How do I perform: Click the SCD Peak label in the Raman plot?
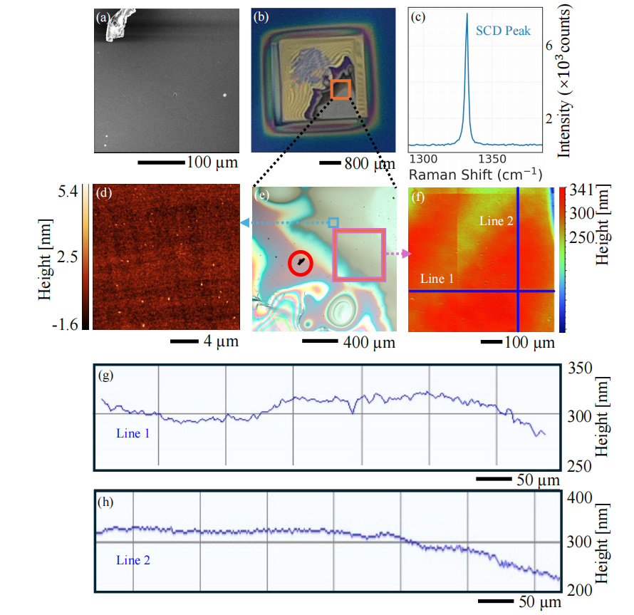tap(503, 31)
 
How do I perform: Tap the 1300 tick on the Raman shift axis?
tap(423, 159)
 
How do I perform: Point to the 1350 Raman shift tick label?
tap(492, 159)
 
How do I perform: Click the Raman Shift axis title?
tap(476, 175)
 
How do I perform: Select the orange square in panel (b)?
tap(341, 90)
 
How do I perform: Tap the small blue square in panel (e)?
tap(333, 222)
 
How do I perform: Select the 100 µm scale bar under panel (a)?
tap(161, 162)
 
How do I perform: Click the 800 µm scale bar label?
tap(370, 164)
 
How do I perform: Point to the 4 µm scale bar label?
tap(221, 341)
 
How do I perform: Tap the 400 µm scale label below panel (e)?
tap(369, 343)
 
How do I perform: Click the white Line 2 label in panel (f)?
tap(496, 221)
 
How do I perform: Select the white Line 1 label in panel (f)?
tap(437, 279)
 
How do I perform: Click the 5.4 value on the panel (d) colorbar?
tap(68, 192)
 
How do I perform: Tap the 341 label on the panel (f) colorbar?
tap(581, 190)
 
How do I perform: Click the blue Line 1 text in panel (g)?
tap(132, 433)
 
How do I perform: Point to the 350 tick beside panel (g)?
tap(580, 368)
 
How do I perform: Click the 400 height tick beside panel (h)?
tap(579, 497)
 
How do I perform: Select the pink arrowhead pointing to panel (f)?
tap(407, 254)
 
